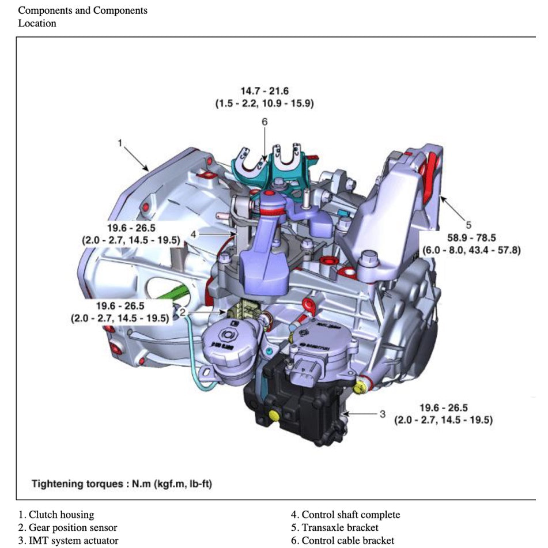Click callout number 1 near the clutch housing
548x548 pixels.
click(x=120, y=143)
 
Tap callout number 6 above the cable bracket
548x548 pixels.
click(x=264, y=122)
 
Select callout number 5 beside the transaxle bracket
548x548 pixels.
click(x=468, y=225)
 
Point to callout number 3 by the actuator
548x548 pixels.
click(x=382, y=413)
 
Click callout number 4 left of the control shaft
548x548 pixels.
click(x=194, y=234)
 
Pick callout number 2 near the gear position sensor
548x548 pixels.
click(x=182, y=312)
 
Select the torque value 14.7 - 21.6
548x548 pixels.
click(x=264, y=91)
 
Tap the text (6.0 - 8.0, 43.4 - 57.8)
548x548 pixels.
click(x=471, y=251)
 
